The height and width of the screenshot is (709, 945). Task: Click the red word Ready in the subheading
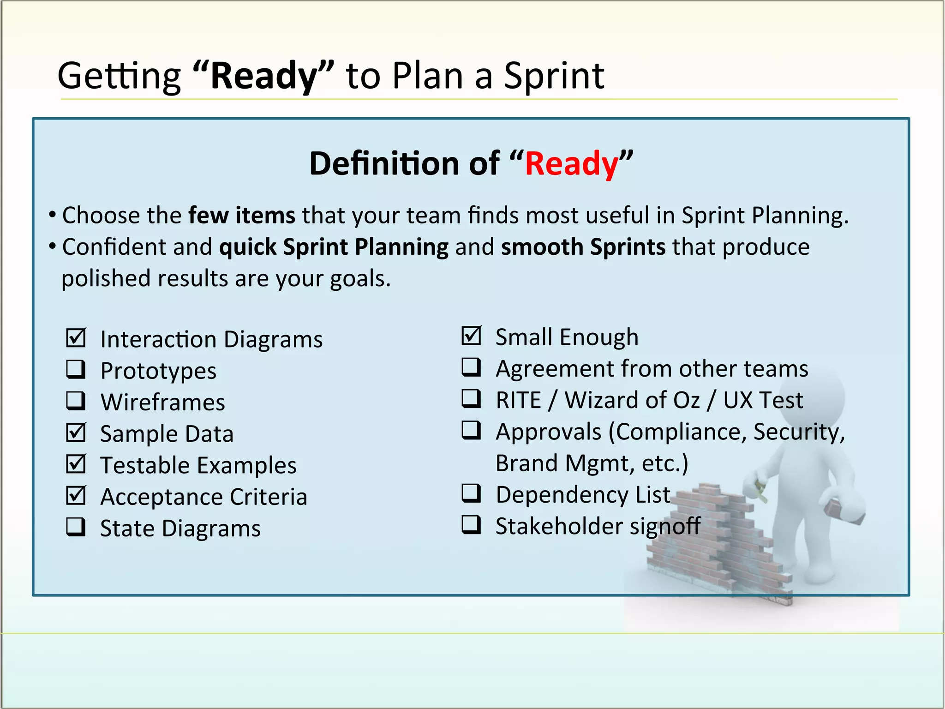tap(572, 164)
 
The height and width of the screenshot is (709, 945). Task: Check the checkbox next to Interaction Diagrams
tap(76, 338)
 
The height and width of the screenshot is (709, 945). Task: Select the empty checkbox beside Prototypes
tap(76, 369)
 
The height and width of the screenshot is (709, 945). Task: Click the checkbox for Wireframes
tap(76, 401)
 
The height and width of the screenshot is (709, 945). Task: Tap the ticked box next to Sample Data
tap(76, 433)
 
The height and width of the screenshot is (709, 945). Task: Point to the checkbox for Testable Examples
tap(76, 464)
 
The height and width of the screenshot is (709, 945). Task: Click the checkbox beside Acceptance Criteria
tap(76, 495)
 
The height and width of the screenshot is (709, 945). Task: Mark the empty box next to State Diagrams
tap(76, 527)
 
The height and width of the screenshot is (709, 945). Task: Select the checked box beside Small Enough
tap(471, 336)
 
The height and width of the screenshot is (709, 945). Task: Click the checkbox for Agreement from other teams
tap(471, 367)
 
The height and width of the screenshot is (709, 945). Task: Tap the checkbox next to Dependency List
tap(471, 493)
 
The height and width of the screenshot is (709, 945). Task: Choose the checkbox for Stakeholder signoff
tap(471, 525)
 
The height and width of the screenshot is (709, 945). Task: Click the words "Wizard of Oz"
tap(632, 400)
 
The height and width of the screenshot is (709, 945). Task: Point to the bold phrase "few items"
tap(242, 216)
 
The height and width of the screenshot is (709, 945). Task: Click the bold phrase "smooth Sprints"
tap(583, 247)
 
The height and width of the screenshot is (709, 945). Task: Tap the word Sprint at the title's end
tap(554, 76)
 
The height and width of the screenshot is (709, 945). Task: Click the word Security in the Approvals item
tap(798, 432)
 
